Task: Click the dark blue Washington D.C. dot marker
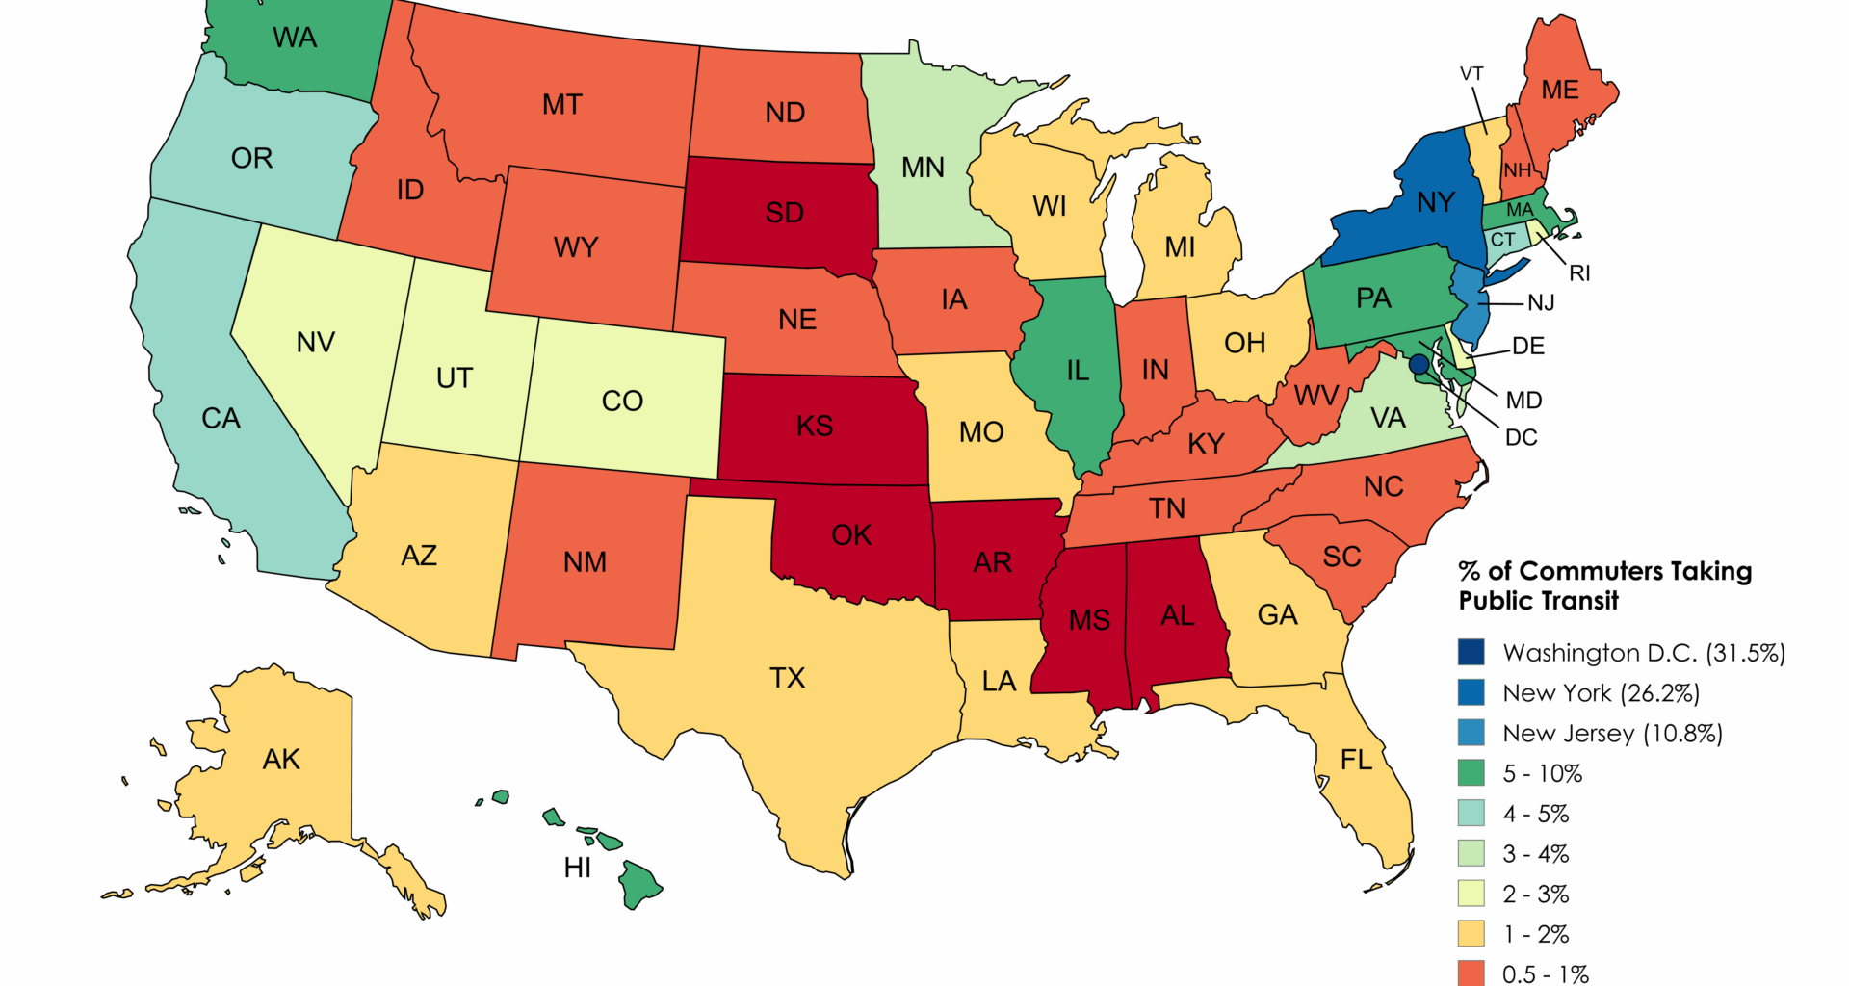[x=1419, y=364]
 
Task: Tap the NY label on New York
[x=1435, y=202]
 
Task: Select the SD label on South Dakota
[x=784, y=213]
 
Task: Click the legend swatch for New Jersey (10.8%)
[x=1471, y=733]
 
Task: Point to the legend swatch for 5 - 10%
[x=1471, y=773]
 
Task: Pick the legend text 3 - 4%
[x=1535, y=854]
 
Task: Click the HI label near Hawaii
[x=578, y=869]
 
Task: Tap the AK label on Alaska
[x=281, y=760]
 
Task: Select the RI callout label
[x=1579, y=273]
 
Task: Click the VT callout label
[x=1471, y=74]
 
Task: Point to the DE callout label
[x=1528, y=346]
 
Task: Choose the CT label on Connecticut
[x=1502, y=240]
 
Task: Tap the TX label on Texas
[x=787, y=678]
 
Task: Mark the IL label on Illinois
[x=1078, y=371]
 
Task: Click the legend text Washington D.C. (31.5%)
[x=1643, y=653]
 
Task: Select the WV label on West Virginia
[x=1315, y=396]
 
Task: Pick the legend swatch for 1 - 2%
[x=1471, y=934]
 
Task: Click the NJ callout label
[x=1541, y=303]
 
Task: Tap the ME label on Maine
[x=1559, y=91]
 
